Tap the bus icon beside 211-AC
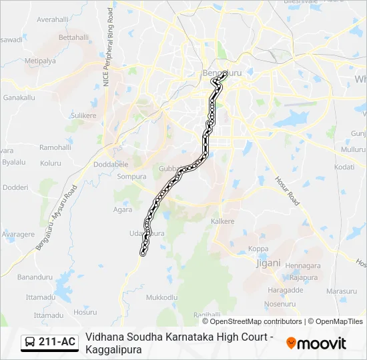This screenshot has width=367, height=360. point(30,343)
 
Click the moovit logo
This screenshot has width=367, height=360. point(316,343)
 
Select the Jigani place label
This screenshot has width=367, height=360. point(268,263)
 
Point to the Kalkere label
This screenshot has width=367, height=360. point(223,221)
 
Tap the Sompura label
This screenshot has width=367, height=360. point(131,177)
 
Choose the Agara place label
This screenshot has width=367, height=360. point(122,209)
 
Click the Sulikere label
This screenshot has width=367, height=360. point(83,115)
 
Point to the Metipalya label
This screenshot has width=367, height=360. point(39,61)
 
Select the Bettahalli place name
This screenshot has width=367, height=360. point(73,37)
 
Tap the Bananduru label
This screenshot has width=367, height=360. point(34,276)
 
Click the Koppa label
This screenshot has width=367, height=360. point(258,249)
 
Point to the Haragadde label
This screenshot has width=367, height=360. point(285,290)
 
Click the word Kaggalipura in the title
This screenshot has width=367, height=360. point(113,349)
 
